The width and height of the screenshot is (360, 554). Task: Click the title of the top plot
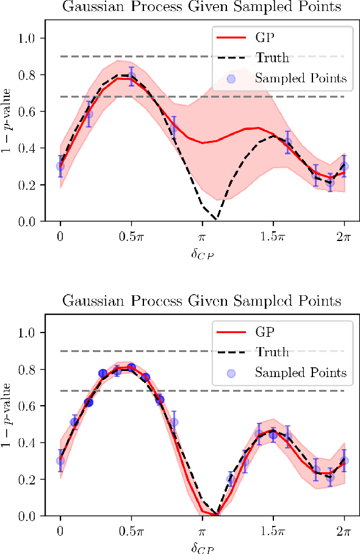pos(202,7)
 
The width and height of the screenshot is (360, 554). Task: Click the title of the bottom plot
pos(202,301)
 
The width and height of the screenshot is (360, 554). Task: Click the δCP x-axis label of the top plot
pos(202,251)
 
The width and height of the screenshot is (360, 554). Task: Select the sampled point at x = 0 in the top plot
pos(60,165)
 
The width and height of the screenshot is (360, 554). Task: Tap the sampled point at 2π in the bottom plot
pos(344,461)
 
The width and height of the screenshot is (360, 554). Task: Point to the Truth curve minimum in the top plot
pos(215,219)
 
